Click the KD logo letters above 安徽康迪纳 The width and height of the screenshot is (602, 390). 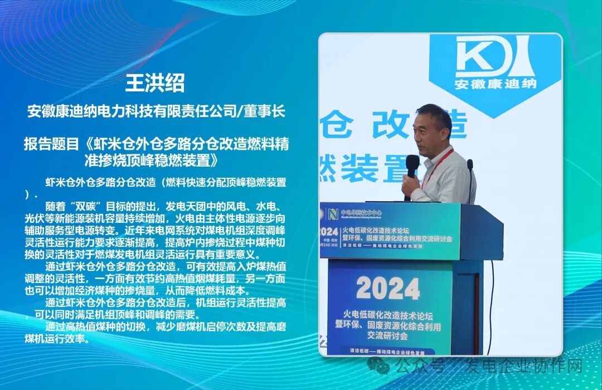(x=494, y=58)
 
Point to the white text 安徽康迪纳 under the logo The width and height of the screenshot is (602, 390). (x=495, y=85)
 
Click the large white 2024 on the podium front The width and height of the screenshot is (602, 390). (x=388, y=288)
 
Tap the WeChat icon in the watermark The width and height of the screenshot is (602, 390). (x=382, y=365)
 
